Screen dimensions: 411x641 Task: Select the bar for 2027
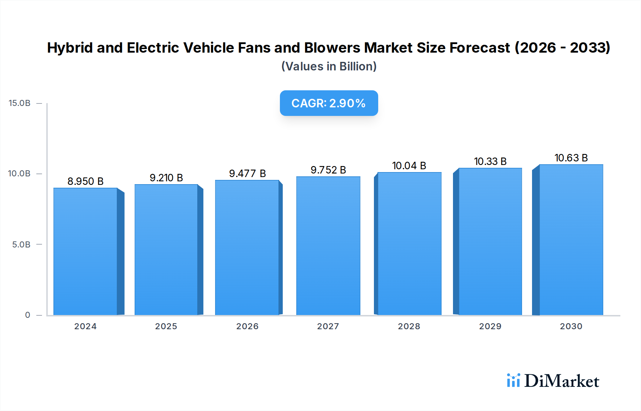[328, 246]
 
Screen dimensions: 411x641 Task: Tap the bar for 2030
[571, 240]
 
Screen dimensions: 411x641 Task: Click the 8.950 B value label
[85, 181]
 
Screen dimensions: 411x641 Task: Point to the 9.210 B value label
[166, 178]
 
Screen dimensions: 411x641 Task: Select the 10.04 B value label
[409, 166]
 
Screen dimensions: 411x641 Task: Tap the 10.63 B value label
[571, 158]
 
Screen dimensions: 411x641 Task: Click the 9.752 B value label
[328, 170]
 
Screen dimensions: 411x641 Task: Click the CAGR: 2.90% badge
[329, 103]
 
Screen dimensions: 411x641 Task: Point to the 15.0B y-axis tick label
[20, 103]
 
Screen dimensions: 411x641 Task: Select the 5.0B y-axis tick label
[21, 245]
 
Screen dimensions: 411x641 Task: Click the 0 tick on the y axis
[27, 315]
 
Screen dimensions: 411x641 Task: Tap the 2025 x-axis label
[166, 326]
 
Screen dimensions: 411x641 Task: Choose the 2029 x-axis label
[490, 326]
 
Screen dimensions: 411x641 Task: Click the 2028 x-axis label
[409, 326]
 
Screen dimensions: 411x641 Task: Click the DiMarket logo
[553, 381]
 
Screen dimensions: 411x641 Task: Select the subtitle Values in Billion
[329, 66]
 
